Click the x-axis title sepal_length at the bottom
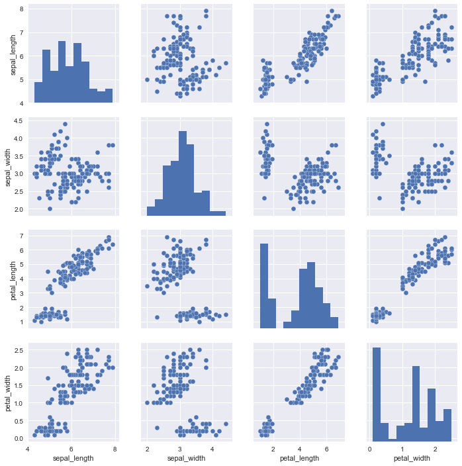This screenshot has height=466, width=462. (x=71, y=458)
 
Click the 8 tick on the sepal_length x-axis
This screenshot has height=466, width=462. (x=115, y=447)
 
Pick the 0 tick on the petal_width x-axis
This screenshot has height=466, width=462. (x=370, y=447)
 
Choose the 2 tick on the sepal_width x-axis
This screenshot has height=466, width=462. (x=148, y=447)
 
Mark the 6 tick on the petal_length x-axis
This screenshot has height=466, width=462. (x=326, y=447)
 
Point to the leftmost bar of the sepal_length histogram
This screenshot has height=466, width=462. (x=38, y=93)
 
